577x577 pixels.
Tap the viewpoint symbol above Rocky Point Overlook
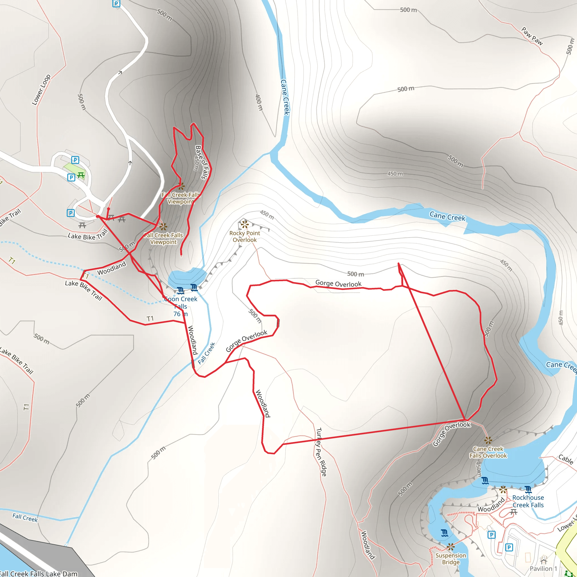coord(245,224)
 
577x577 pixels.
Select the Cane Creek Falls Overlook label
coord(488,452)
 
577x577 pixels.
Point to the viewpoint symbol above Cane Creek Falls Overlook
coord(488,440)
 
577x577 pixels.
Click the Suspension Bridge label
coord(451,559)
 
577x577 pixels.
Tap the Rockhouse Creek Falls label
coord(528,501)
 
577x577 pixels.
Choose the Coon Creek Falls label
coord(181,303)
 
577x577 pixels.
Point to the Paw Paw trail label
coord(532,36)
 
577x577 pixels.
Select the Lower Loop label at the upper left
coord(41,90)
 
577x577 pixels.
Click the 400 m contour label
coord(259,103)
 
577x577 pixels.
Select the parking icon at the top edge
coord(116,4)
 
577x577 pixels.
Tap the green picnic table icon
coord(81,175)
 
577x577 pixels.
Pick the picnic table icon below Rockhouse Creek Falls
coord(514,512)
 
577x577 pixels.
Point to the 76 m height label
coord(181,314)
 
